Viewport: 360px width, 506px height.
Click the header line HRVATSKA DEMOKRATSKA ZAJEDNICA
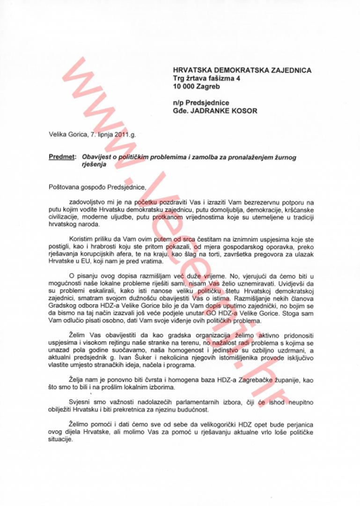242,70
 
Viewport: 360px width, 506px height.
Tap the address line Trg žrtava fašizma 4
206,79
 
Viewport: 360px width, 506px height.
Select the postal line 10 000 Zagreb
196,87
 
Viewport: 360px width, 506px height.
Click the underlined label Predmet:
63,157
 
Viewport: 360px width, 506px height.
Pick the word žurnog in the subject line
286,157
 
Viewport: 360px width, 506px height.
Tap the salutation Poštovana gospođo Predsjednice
97,187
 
